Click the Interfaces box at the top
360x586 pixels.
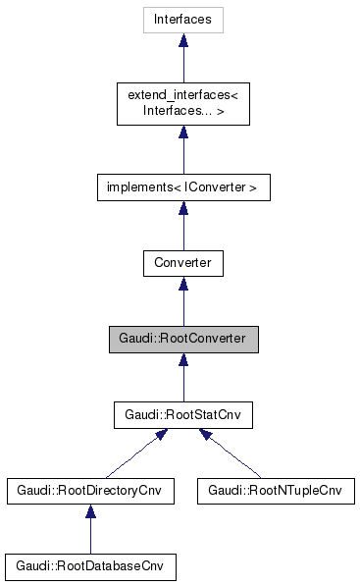click(182, 19)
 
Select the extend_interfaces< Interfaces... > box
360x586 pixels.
click(182, 102)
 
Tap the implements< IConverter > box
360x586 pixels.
click(182, 186)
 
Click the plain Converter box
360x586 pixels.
click(182, 263)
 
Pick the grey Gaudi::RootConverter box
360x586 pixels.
click(182, 340)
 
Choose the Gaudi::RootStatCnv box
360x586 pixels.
click(182, 416)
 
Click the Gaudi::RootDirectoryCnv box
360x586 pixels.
click(90, 492)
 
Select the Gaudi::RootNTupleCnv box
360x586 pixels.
click(275, 492)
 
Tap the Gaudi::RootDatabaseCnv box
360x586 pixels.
click(90, 567)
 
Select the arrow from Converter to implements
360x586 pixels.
click(182, 228)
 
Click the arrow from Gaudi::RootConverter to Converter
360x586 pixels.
click(182, 304)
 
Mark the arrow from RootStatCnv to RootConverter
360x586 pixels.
click(182, 381)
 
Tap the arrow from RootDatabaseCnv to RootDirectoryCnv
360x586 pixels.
click(90, 533)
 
